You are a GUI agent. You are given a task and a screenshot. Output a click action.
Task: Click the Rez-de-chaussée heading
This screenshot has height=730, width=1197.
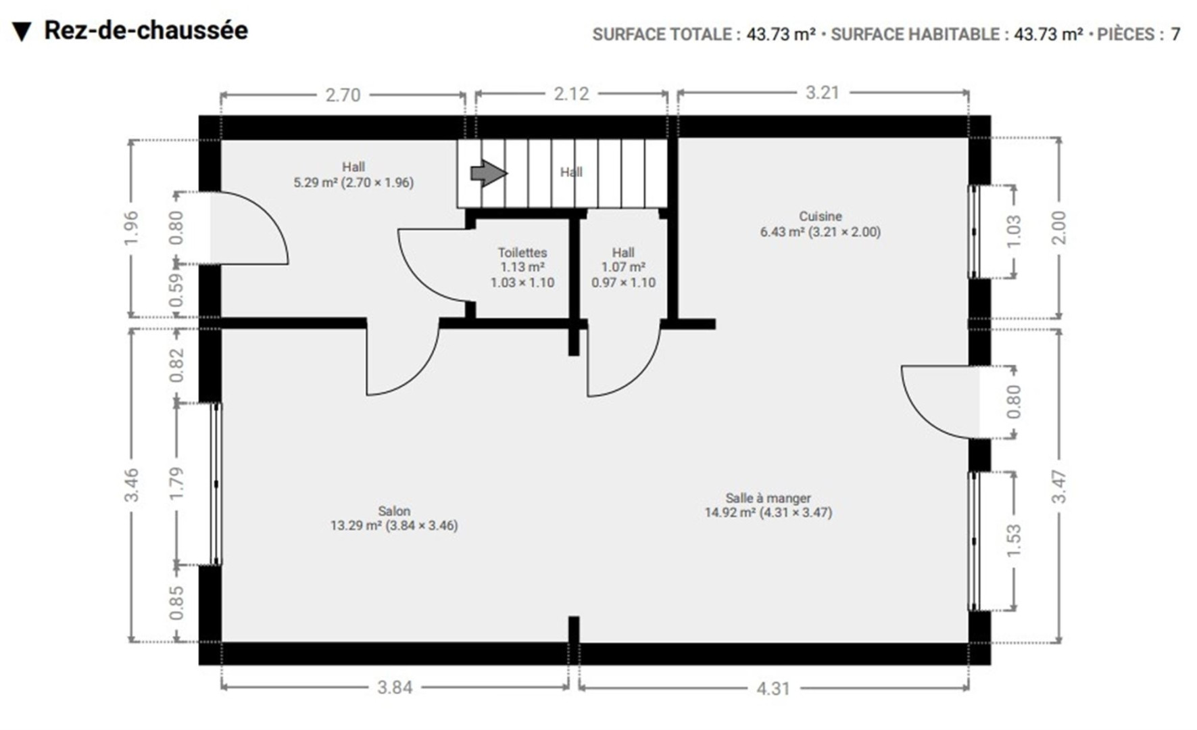pos(146,30)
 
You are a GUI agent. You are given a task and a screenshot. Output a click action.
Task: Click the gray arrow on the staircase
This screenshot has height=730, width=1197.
pos(489,173)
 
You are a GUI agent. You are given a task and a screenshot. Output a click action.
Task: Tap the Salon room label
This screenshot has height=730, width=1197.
pos(394,511)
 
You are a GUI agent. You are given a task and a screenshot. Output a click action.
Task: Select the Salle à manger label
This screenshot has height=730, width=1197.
pos(768,498)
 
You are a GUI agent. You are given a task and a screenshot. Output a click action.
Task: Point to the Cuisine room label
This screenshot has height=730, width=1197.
pos(821,216)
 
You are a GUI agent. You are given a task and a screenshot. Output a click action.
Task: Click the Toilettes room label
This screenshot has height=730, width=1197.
pos(522,252)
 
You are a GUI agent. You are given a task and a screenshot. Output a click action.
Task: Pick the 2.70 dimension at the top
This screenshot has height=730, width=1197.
pos(343,95)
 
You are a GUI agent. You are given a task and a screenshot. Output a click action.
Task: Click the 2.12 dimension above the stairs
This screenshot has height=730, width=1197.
pos(572,94)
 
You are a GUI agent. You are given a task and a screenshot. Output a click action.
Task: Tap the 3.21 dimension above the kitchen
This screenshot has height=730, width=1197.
pos(823,93)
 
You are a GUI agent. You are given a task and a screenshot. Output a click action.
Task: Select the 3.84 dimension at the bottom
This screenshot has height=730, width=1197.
pos(395,687)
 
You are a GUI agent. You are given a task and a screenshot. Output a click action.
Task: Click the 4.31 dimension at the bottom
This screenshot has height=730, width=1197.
pos(773,688)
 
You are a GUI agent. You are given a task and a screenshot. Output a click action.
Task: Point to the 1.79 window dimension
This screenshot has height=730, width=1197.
pos(176,484)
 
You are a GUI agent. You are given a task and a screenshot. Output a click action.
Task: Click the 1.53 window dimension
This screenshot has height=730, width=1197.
pos(1014,541)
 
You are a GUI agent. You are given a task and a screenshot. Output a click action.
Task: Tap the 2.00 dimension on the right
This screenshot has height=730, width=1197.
pos(1059,228)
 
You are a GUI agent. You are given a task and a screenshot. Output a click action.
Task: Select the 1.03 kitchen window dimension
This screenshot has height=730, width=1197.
pos(1014,231)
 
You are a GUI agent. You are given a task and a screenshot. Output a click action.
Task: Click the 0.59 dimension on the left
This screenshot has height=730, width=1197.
pos(176,290)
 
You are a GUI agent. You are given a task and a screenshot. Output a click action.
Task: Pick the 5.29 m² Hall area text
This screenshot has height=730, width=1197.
pos(353,182)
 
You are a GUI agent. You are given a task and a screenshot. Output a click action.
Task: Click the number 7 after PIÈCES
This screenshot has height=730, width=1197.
pos(1175,34)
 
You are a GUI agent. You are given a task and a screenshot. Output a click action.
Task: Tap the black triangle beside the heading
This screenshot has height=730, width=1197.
pos(22,32)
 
